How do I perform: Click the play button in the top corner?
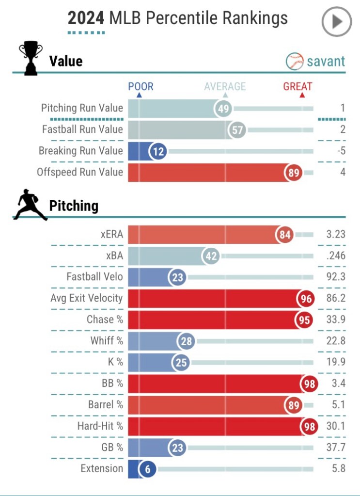pyautogui.click(x=337, y=22)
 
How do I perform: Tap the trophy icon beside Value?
pyautogui.click(x=30, y=59)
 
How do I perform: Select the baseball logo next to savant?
pyautogui.click(x=295, y=62)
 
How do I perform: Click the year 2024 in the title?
pyautogui.click(x=86, y=18)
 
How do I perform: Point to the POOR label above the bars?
pyautogui.click(x=141, y=87)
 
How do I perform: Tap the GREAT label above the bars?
pyautogui.click(x=297, y=87)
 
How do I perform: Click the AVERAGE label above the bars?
pyautogui.click(x=225, y=87)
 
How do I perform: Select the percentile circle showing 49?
pyautogui.click(x=223, y=109)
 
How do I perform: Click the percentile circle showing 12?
pyautogui.click(x=158, y=151)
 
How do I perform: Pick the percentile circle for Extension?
pyautogui.click(x=147, y=469)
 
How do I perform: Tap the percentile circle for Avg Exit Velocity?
pyautogui.click(x=306, y=299)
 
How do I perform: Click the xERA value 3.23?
pyautogui.click(x=336, y=235)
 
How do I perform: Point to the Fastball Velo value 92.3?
pyautogui.click(x=336, y=277)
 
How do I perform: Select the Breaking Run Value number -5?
pyautogui.click(x=341, y=151)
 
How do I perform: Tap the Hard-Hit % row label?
pyautogui.click(x=100, y=426)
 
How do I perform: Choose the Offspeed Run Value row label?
pyautogui.click(x=80, y=172)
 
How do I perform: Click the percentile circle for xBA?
pyautogui.click(x=211, y=256)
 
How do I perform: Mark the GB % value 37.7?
pyautogui.click(x=336, y=448)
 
